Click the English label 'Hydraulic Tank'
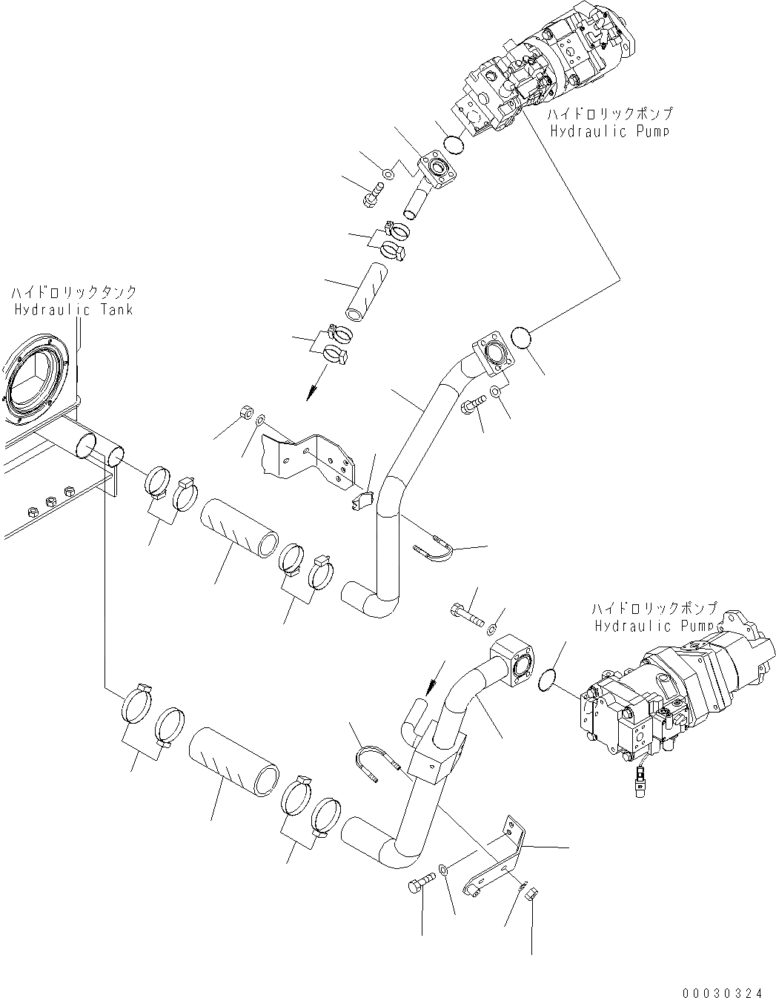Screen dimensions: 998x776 click(x=73, y=309)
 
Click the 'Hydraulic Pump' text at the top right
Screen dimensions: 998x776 click(x=609, y=131)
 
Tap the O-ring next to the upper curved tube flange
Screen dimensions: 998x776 click(x=523, y=340)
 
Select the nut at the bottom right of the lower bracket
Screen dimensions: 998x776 click(x=529, y=894)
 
